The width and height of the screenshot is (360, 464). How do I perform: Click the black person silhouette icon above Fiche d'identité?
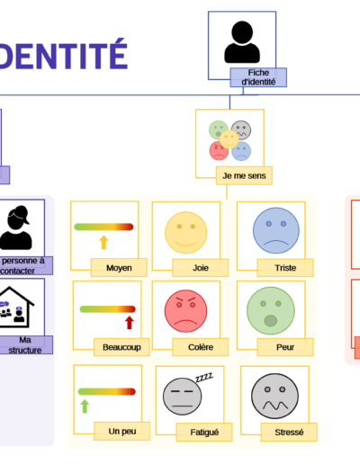point(242,42)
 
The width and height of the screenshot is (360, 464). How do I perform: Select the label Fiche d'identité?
point(258,77)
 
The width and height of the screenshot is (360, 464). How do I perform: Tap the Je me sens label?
point(244,175)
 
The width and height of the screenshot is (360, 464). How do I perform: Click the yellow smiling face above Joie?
point(186,233)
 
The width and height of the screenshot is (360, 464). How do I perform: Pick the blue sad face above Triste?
point(276,230)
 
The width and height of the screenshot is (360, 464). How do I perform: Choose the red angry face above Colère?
point(186,311)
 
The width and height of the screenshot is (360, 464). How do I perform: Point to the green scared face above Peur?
point(271,311)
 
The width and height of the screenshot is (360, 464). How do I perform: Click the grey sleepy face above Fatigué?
point(183,397)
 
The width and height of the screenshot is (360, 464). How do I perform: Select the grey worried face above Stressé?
point(274,396)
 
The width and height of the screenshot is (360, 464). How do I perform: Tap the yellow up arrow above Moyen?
point(103,242)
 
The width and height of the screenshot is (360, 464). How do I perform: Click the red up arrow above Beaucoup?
point(130,323)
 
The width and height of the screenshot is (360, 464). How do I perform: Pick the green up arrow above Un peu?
point(85,406)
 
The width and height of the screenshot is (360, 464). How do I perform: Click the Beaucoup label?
point(121,347)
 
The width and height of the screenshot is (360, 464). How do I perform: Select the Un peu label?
point(122,431)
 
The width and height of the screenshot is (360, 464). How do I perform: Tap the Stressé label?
point(289,432)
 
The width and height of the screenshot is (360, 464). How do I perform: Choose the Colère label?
point(201,347)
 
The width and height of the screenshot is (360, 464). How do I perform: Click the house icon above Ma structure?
point(15,308)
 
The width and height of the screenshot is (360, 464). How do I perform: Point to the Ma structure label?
point(25,344)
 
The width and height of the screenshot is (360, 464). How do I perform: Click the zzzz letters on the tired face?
point(204,378)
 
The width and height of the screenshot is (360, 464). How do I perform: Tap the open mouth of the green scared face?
point(271,321)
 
